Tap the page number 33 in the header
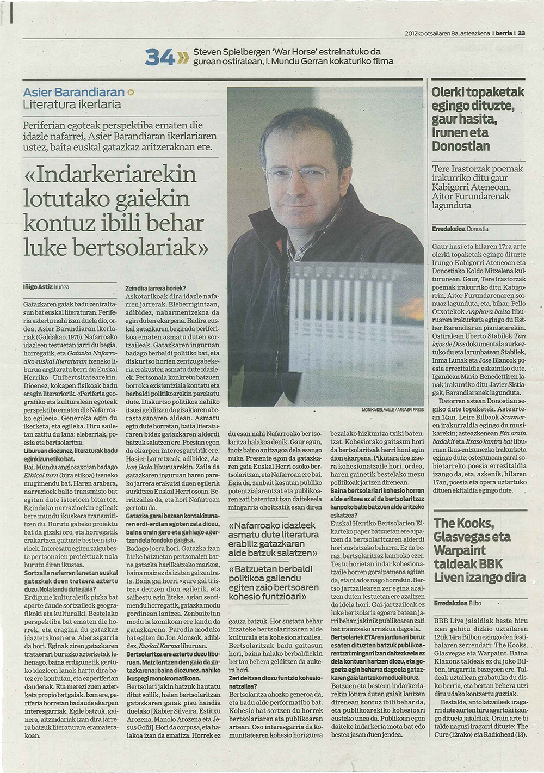(x=521, y=33)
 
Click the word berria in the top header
(x=504, y=33)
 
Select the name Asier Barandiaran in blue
(x=73, y=92)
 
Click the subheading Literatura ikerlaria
(x=72, y=104)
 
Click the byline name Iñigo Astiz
(x=37, y=286)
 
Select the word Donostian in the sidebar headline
(x=461, y=146)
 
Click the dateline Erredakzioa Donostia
(x=460, y=229)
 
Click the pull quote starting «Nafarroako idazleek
(x=274, y=539)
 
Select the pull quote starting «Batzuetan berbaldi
(x=274, y=583)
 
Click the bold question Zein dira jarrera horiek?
(x=156, y=288)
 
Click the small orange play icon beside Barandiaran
(x=131, y=93)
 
